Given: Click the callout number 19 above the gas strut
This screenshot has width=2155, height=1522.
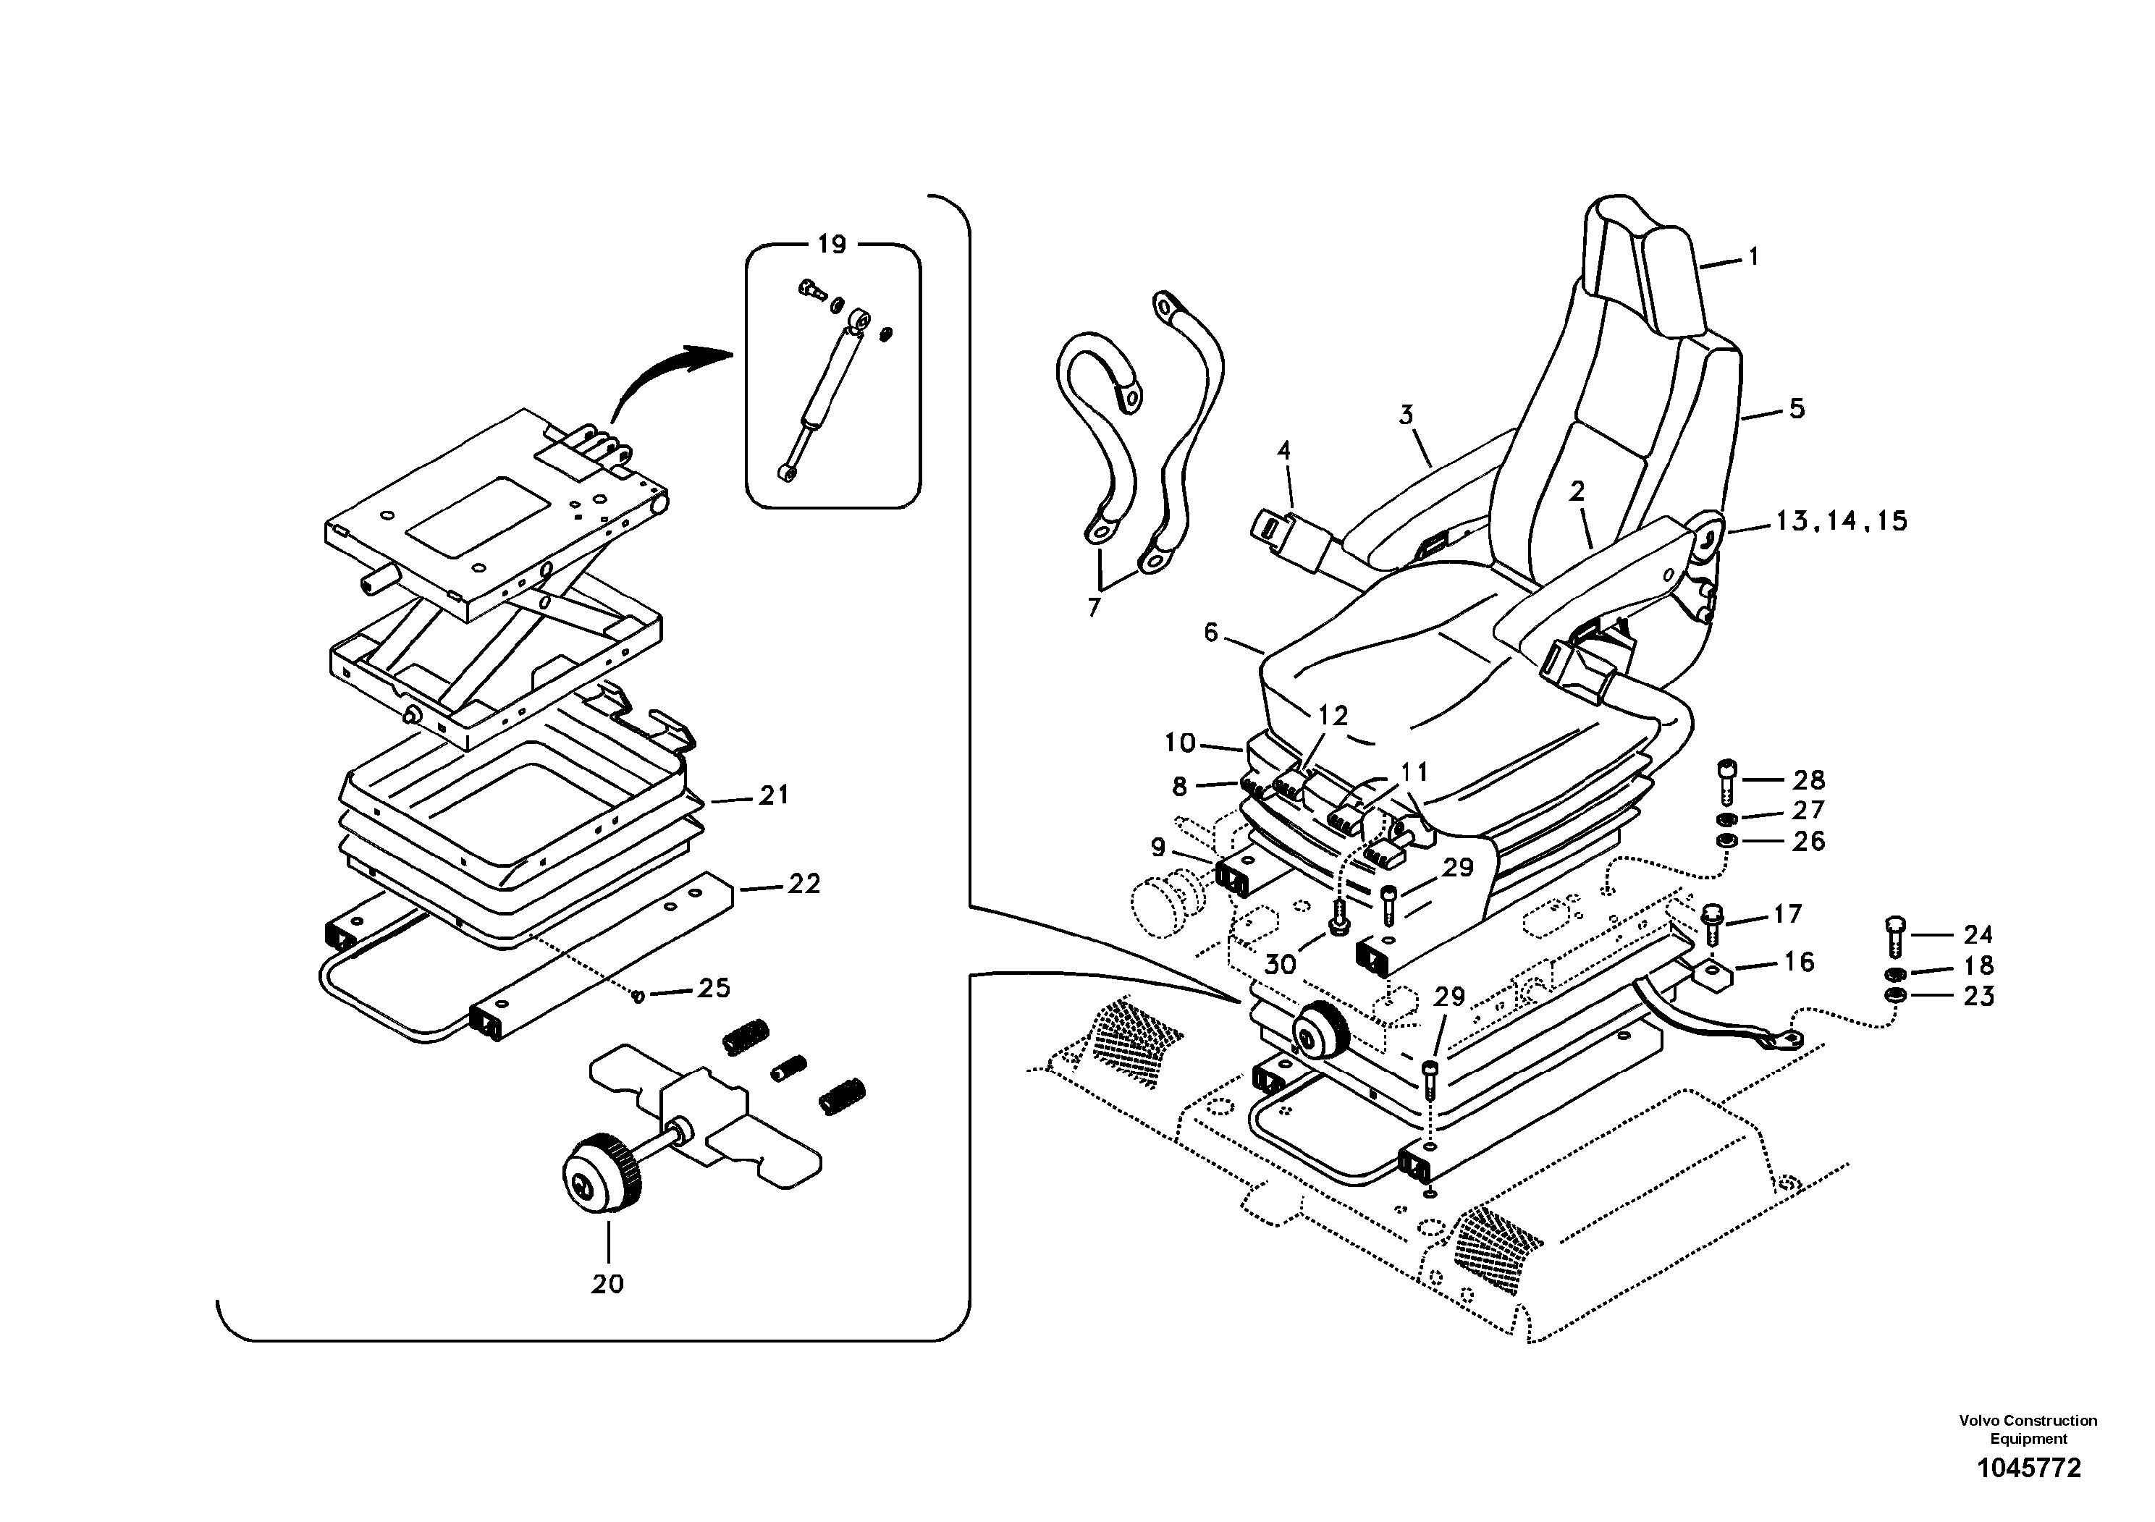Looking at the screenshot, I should tap(832, 245).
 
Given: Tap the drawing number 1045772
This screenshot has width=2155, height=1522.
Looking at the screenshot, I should tap(2028, 1468).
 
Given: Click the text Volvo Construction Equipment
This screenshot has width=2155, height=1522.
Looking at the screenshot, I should tap(2028, 1429).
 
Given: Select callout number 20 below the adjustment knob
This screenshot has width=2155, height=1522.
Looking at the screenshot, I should tap(607, 1284).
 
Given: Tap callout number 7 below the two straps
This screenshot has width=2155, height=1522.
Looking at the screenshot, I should tap(1094, 609).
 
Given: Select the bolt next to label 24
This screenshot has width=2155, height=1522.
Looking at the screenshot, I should tap(1892, 937).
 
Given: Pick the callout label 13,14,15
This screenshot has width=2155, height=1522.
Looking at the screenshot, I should tap(1842, 522).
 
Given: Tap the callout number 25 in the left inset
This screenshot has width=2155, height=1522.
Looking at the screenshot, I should tap(714, 988).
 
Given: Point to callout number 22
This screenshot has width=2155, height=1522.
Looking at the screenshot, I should tap(804, 884).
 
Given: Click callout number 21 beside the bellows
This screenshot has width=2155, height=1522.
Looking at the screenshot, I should tap(773, 795).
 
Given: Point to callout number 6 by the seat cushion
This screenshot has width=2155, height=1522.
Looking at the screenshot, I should tap(1211, 633).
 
